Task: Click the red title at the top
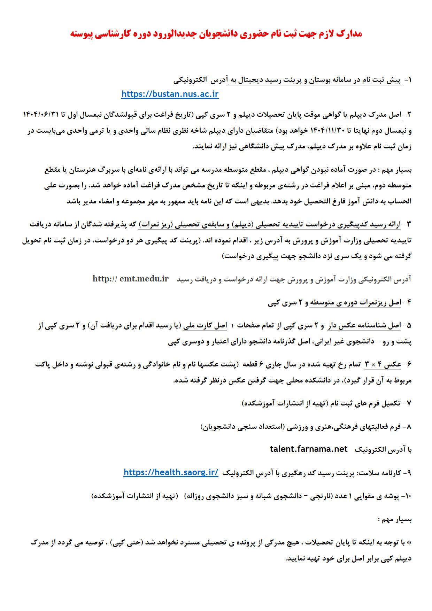pos(216,34)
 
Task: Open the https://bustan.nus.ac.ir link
pos(170,94)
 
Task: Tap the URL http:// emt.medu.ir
pos(130,279)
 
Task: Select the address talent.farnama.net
pos(309,449)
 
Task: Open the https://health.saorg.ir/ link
pos(171,472)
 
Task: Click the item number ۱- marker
pos(408,80)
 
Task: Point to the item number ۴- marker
pos(408,302)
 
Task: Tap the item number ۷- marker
pos(408,403)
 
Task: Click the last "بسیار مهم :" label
pos(395,519)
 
